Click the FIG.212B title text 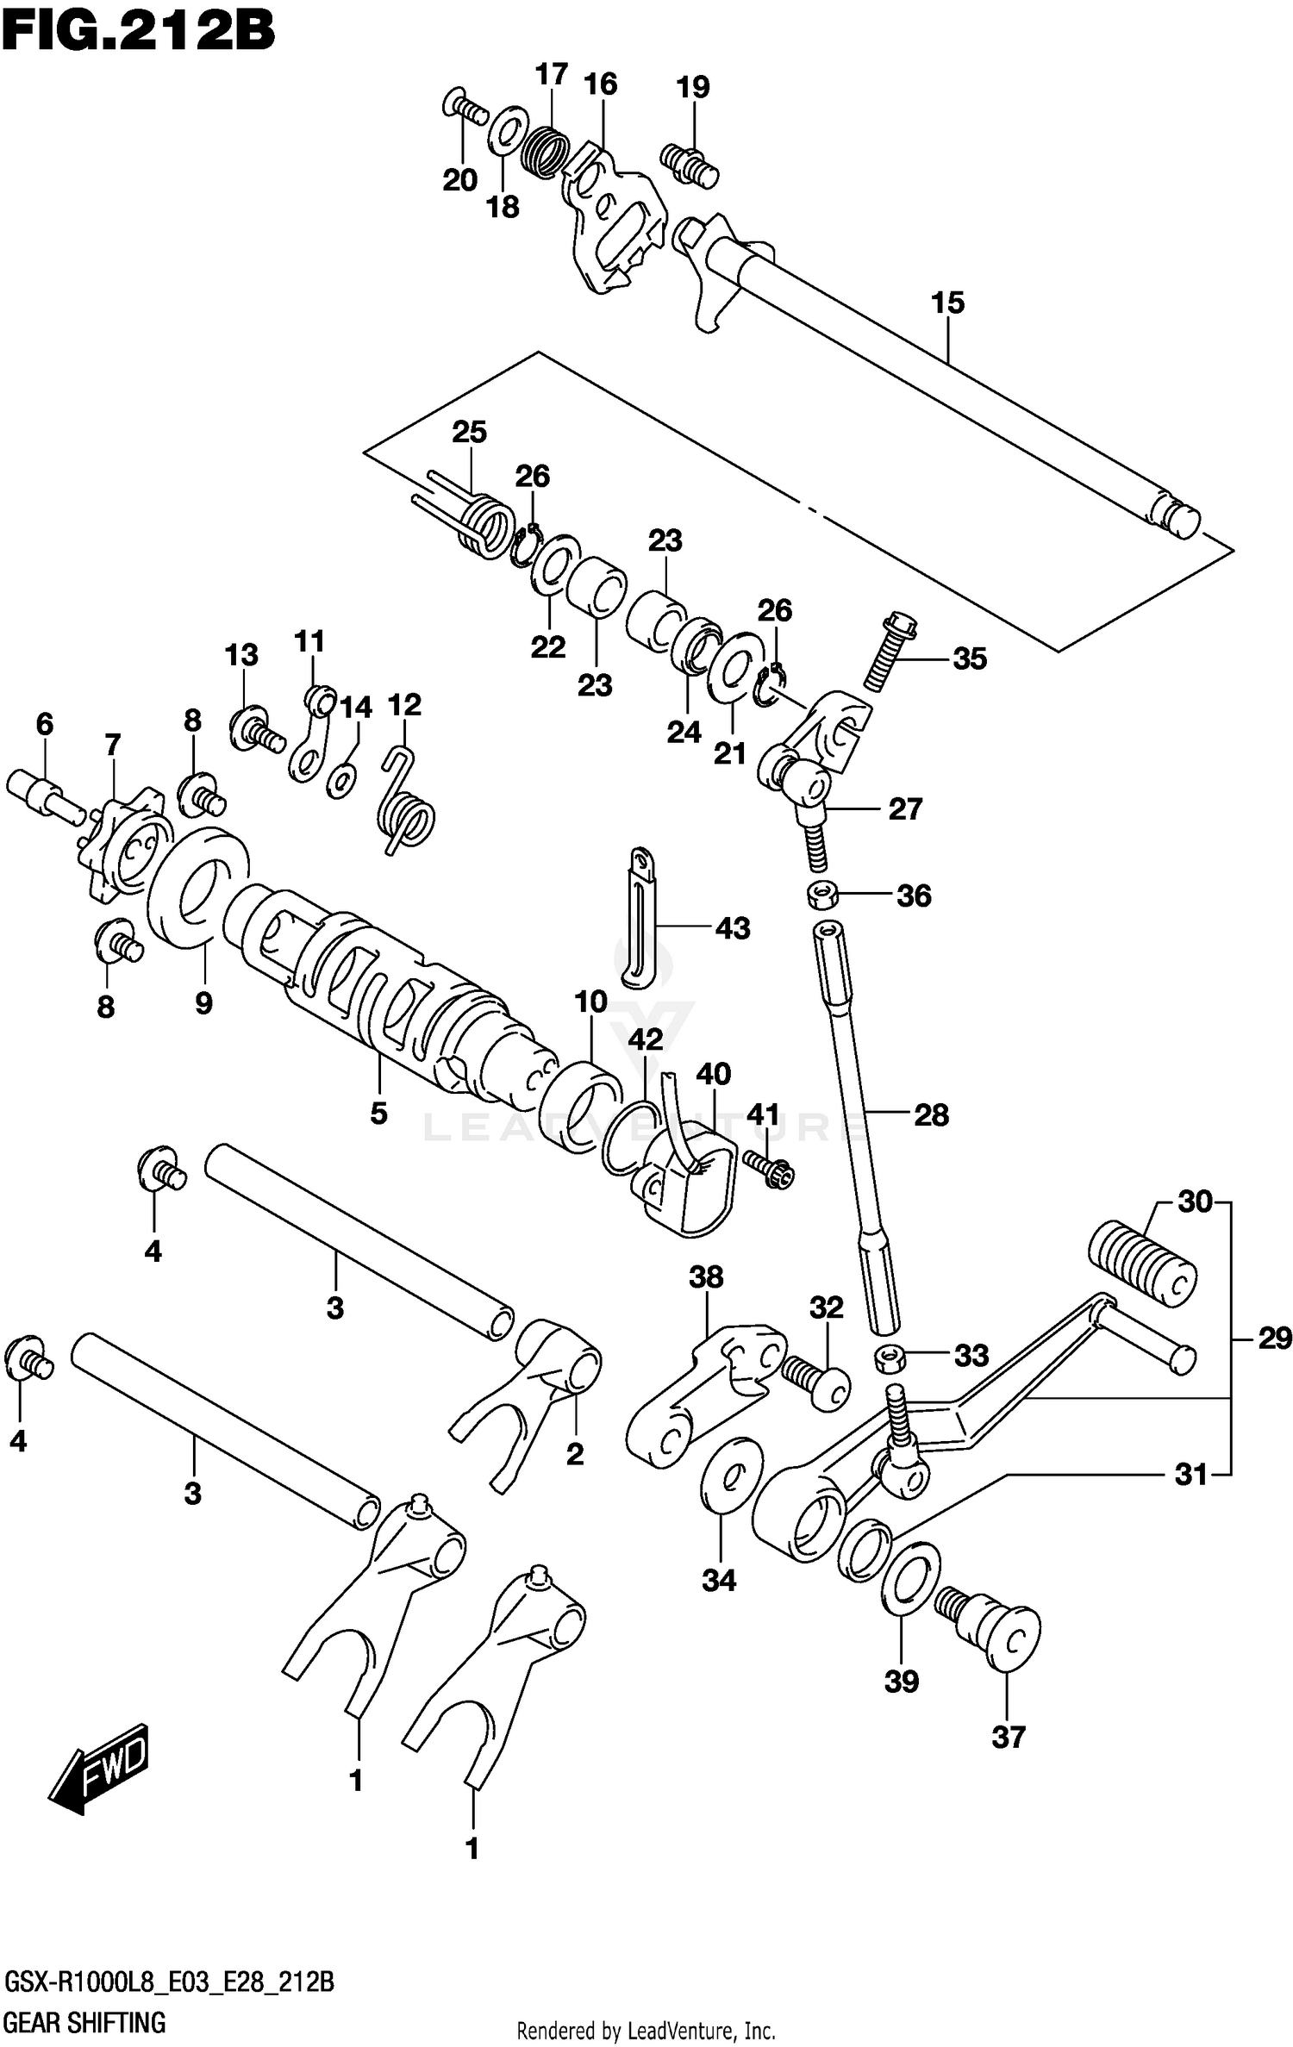pyautogui.click(x=138, y=33)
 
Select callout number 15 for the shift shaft pyautogui.click(x=947, y=303)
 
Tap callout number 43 pyautogui.click(x=733, y=928)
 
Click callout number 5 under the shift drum pyautogui.click(x=378, y=1113)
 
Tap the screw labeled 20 pyautogui.click(x=465, y=108)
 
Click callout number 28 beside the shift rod pyautogui.click(x=931, y=1115)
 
